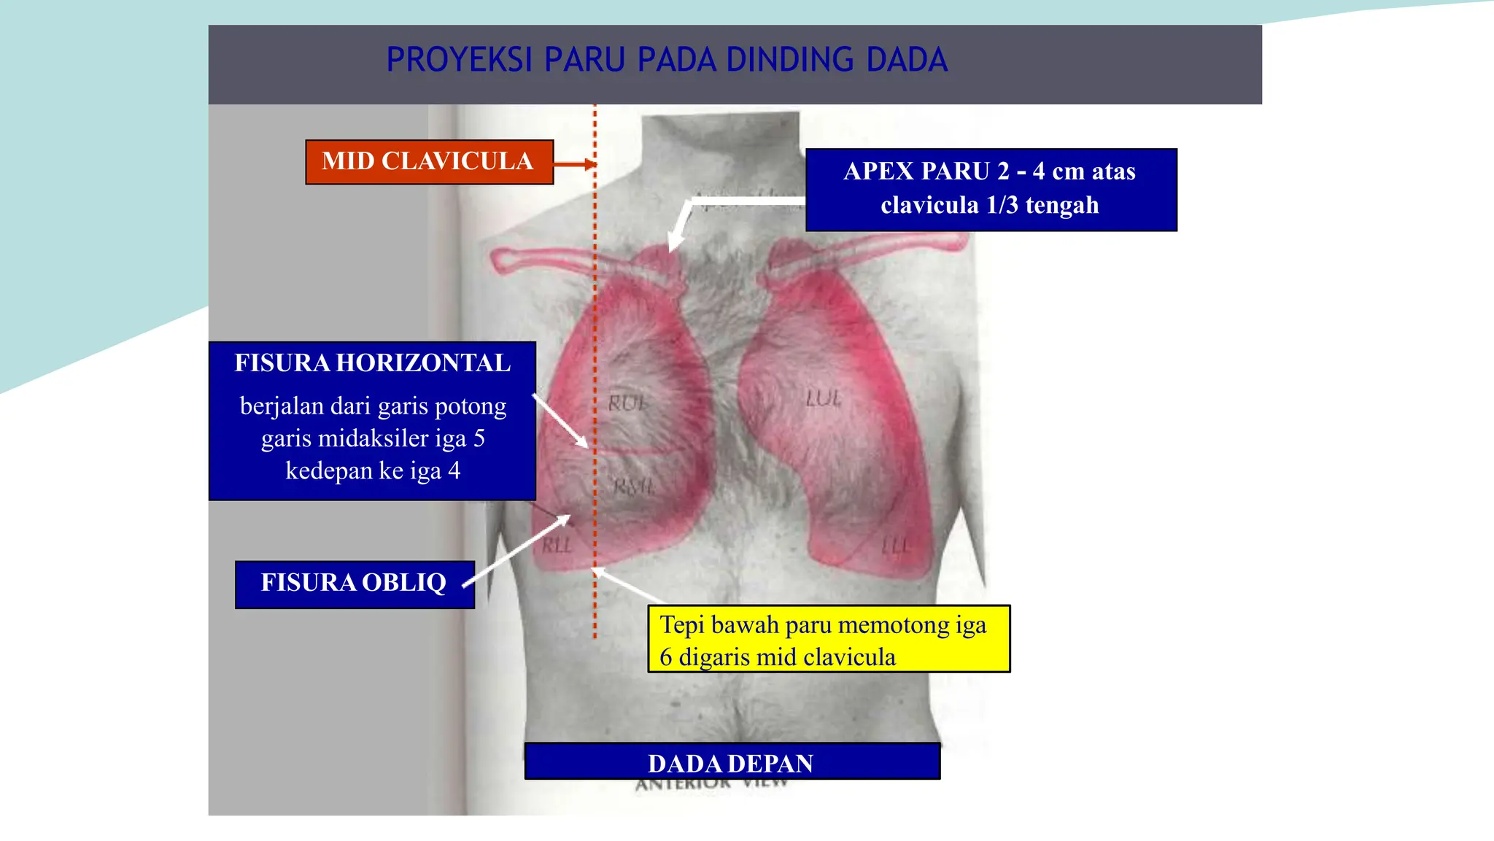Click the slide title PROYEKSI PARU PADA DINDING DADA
pos(667,60)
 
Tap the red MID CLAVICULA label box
pos(429,162)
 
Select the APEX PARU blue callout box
pos(991,190)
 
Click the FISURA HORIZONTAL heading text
pos(372,363)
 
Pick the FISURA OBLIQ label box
pos(355,584)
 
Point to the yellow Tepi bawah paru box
pos(829,640)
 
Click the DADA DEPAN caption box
pos(732,762)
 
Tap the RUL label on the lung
pos(627,403)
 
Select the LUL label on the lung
pos(824,398)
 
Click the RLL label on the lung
pos(557,545)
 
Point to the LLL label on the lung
pos(896,546)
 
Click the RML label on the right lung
pos(634,487)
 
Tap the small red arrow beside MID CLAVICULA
pos(576,165)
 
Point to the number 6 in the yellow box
pos(665,658)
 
